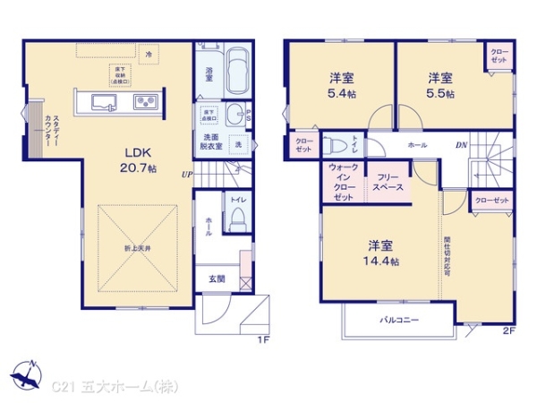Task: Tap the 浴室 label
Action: click(209, 74)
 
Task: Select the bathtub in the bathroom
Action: click(237, 72)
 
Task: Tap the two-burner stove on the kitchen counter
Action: click(146, 102)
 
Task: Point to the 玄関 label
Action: click(217, 279)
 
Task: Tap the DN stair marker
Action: click(460, 145)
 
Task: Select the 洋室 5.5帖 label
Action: click(439, 83)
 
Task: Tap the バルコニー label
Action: click(397, 319)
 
